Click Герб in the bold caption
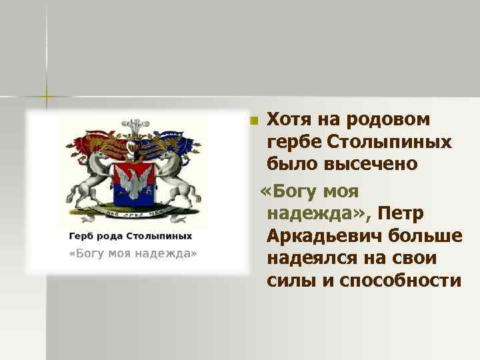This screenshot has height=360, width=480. [x=83, y=236]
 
